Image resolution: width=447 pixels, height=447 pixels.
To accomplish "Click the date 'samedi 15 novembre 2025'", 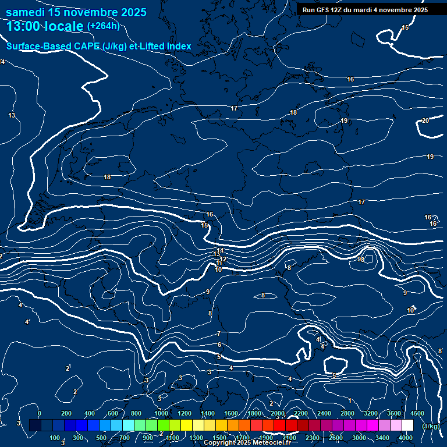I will (x=76, y=12).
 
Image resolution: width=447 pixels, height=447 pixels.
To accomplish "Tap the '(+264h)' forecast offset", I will (x=104, y=26).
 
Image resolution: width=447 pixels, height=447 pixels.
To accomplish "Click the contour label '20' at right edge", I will (x=425, y=120).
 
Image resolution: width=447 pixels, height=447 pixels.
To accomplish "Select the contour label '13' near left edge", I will (x=12, y=115).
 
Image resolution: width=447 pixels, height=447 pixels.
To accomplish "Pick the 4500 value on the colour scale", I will (x=417, y=413).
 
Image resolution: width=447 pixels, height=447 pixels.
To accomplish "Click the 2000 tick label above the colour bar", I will (x=277, y=413).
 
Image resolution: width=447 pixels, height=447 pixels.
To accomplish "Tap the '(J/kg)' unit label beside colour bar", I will (x=430, y=427).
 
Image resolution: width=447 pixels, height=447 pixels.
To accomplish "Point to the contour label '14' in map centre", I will (x=220, y=250).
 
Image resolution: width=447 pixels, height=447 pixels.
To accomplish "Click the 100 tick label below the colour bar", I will (x=55, y=437).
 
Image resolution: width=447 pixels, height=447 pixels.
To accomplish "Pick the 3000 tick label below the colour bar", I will (x=359, y=437).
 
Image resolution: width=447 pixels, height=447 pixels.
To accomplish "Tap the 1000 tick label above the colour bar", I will (x=161, y=413).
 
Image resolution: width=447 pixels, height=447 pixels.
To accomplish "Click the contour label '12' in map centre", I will (x=223, y=259).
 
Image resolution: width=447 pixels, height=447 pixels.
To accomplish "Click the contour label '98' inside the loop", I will (x=361, y=260).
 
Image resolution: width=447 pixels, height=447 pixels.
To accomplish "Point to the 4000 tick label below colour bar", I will (x=406, y=437).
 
